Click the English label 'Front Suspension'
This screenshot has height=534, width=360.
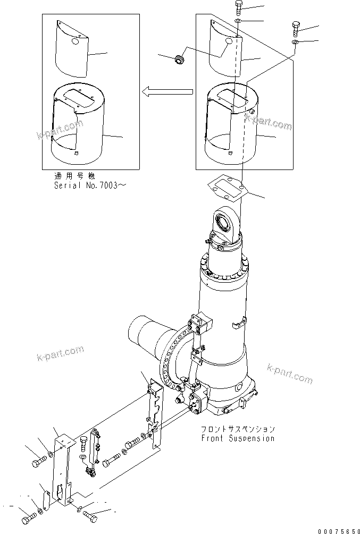pyautogui.click(x=238, y=438)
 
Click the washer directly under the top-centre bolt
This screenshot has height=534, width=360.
pyautogui.click(x=238, y=22)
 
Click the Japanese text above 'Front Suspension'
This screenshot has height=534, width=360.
pyautogui.click(x=238, y=429)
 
